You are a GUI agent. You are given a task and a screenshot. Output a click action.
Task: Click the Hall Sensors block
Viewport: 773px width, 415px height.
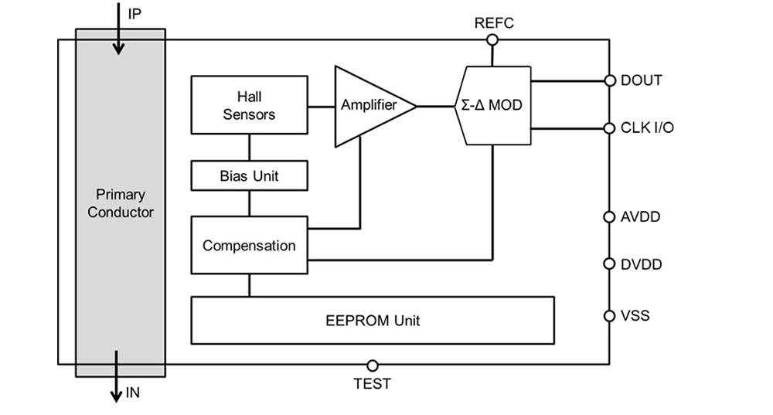coord(249,105)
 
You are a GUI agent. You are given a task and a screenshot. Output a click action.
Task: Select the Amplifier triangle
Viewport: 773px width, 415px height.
coord(366,106)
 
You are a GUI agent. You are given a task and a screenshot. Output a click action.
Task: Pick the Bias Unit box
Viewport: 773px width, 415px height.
coord(249,175)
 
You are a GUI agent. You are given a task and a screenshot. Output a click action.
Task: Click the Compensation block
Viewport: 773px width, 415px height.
coord(249,246)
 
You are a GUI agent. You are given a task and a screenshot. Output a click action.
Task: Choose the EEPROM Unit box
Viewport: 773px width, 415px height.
coord(372,320)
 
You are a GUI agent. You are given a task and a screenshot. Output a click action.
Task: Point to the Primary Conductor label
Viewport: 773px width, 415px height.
coord(121,203)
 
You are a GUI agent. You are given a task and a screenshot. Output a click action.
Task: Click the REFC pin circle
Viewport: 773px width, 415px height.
coord(492,40)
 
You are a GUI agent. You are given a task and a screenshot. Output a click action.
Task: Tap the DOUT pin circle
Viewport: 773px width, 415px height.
coord(609,80)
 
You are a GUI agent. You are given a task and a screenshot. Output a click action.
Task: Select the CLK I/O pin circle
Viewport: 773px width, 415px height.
coord(609,128)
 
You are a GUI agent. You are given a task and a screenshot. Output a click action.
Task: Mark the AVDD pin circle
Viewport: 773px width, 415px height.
coord(609,217)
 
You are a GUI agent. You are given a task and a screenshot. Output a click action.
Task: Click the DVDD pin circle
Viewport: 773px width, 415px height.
coord(609,264)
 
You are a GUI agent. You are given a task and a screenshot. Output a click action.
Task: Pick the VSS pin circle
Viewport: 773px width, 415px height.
coord(609,315)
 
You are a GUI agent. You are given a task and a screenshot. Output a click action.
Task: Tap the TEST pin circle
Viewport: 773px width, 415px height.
coord(373,365)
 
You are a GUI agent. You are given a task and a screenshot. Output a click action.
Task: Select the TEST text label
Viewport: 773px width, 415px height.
coord(373,383)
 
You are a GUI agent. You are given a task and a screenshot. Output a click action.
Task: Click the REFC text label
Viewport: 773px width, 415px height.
coord(494,23)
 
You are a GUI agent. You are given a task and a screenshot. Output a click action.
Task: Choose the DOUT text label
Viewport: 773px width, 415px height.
coord(642,80)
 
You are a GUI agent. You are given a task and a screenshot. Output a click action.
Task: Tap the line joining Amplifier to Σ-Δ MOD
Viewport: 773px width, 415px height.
coord(437,106)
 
